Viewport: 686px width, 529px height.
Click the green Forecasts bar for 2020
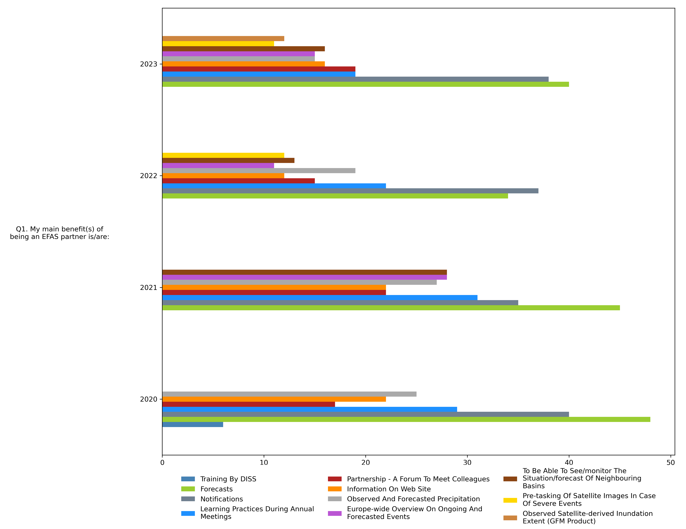pyautogui.click(x=406, y=419)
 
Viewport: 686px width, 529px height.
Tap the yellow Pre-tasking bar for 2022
pyautogui.click(x=223, y=155)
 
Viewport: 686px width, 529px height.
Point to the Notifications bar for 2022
pyautogui.click(x=350, y=191)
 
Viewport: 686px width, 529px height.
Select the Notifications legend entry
pyautogui.click(x=221, y=499)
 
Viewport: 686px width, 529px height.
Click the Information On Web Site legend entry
pyautogui.click(x=389, y=489)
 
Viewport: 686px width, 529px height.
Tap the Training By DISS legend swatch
pyautogui.click(x=188, y=479)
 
